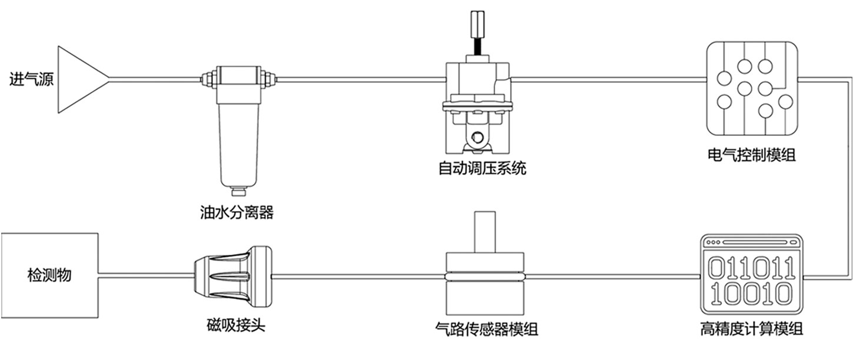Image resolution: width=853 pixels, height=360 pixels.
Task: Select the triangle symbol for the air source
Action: tap(80, 79)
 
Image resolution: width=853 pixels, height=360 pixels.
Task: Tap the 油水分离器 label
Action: tap(237, 212)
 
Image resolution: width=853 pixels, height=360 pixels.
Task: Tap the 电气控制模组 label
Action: tap(752, 156)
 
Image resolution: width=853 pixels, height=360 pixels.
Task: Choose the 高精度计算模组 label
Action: tap(752, 328)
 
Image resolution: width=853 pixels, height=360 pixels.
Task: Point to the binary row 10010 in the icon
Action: tap(751, 292)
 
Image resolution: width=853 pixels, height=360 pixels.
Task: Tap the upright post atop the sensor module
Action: tap(485, 233)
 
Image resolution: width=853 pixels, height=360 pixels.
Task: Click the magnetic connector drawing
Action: tap(233, 275)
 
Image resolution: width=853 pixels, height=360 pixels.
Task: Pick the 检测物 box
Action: tap(49, 275)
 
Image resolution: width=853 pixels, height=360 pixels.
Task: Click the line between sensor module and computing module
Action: tap(612, 275)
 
